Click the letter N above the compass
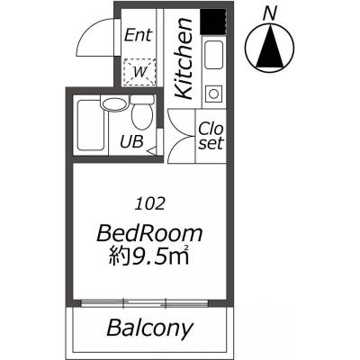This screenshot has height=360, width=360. click(270, 14)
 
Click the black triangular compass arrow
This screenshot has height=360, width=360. click(270, 47)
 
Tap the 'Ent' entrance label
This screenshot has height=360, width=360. click(139, 35)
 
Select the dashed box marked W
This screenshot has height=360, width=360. click(139, 72)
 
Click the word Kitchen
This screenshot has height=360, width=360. click(184, 58)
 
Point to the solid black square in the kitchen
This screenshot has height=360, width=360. click(212, 22)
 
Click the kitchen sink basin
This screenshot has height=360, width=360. click(214, 55)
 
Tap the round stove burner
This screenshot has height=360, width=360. click(214, 94)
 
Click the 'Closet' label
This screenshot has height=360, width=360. click(211, 136)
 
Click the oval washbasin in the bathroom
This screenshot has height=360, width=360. click(114, 104)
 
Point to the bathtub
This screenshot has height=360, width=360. click(92, 125)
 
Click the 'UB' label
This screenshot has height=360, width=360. click(131, 141)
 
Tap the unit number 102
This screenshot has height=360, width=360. click(150, 204)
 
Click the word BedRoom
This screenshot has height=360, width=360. click(149, 234)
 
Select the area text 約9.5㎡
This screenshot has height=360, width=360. click(148, 256)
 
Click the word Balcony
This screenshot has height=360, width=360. click(149, 328)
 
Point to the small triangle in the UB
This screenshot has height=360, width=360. click(151, 150)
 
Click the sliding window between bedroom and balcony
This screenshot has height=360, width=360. click(145, 303)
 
